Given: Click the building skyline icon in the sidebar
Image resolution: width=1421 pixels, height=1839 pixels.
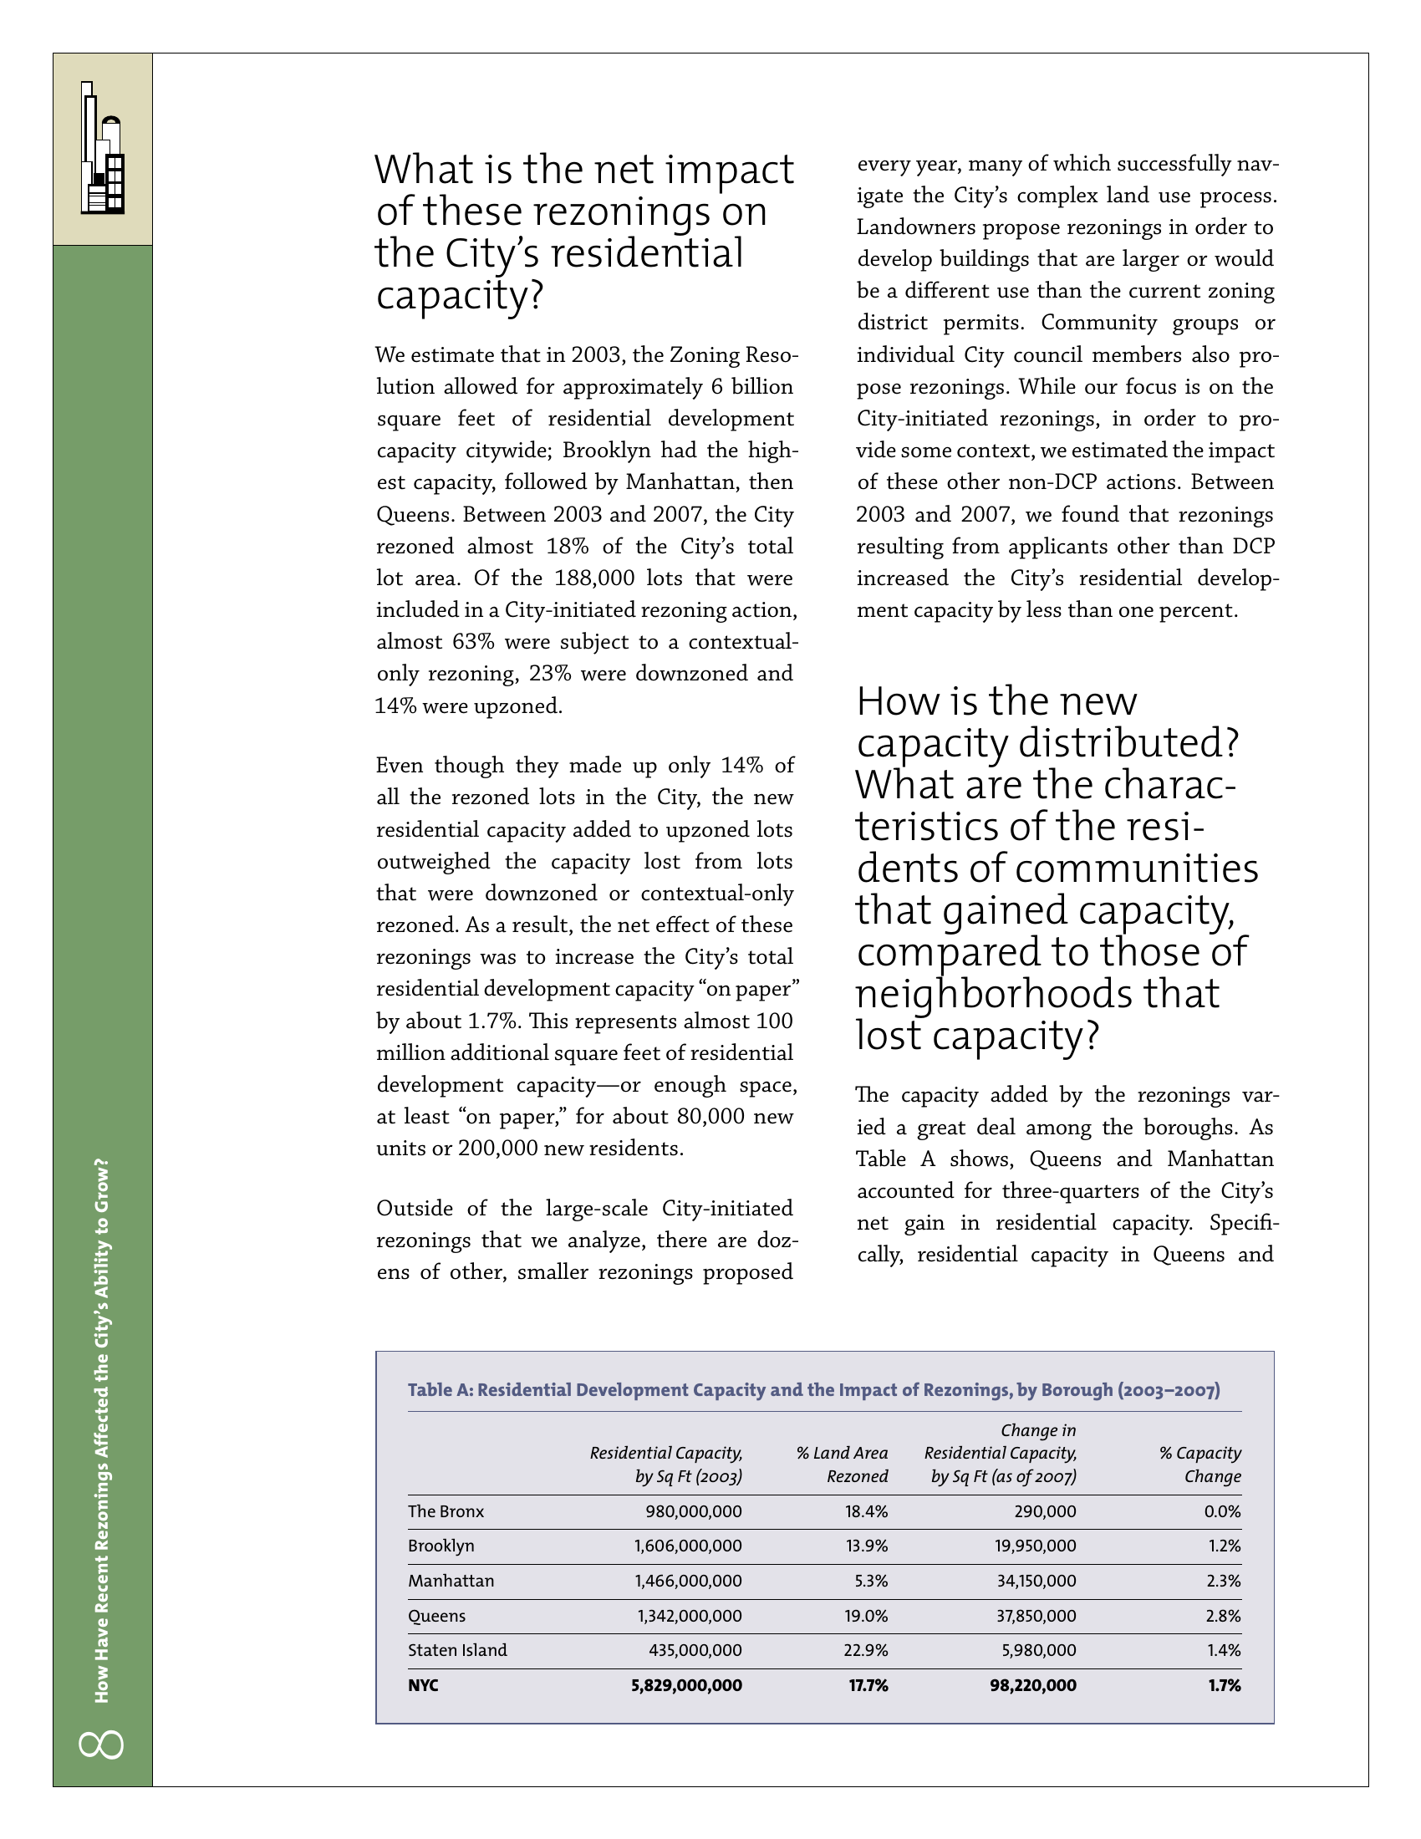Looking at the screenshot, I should tap(103, 148).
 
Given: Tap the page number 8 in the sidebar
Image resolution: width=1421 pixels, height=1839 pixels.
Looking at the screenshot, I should tap(102, 1743).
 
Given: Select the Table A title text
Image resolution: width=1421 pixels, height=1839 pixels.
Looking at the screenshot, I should tap(813, 1389).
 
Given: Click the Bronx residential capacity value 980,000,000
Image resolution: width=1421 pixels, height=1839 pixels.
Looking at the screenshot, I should tap(694, 1511).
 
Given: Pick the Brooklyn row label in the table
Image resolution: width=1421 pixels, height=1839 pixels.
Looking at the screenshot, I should tap(441, 1546).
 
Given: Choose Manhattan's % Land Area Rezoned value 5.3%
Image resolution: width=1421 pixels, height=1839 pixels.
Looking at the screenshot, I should tap(870, 1581).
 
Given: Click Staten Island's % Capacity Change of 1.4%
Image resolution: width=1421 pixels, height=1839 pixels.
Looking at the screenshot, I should tap(1223, 1650).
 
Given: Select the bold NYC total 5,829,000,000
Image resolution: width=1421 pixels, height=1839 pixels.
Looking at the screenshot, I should tap(686, 1685).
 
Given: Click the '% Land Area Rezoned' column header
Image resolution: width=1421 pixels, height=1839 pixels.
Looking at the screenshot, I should tap(842, 1465).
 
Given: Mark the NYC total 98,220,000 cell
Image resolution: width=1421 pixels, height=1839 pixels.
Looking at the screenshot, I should tap(1033, 1685).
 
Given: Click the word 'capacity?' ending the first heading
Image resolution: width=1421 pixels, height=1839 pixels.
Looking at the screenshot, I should tap(460, 296).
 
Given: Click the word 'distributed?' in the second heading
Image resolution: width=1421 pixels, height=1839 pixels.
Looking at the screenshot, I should tap(1128, 742).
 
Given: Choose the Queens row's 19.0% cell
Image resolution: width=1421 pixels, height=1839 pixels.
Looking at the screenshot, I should tap(866, 1616).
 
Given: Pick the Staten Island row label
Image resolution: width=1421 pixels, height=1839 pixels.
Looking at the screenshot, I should tap(457, 1650).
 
